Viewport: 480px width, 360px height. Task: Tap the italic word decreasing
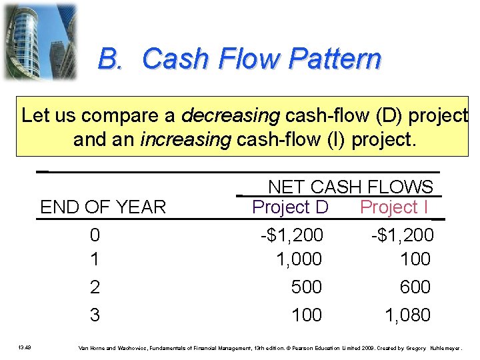[x=230, y=115]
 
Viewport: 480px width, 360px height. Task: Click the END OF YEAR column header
[x=103, y=207]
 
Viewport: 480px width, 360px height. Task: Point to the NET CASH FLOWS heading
[x=350, y=187]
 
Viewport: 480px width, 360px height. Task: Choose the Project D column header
[x=290, y=207]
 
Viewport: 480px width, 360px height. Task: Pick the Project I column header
[x=393, y=207]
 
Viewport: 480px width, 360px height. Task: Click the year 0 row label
[x=95, y=235]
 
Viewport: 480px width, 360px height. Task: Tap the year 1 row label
[x=95, y=259]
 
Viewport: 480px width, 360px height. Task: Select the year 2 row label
[x=95, y=287]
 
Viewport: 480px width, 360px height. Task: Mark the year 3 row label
[x=95, y=315]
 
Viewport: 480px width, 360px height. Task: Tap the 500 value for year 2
[x=306, y=287]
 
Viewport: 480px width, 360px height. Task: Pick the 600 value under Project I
[x=415, y=287]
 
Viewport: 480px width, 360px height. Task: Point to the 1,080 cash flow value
[x=407, y=315]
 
